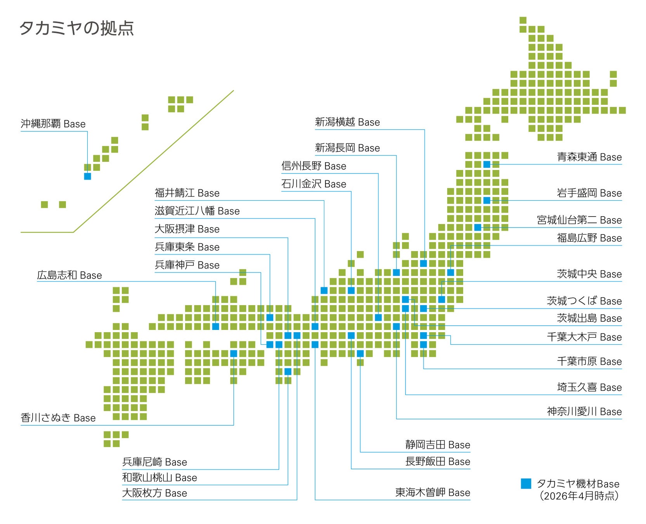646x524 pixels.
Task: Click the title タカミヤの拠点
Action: click(76, 28)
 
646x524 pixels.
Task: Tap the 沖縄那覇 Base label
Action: click(53, 124)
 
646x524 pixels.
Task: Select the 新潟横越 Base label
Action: click(347, 122)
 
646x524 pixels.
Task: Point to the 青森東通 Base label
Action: click(589, 157)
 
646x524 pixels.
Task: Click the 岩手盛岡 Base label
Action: click(589, 193)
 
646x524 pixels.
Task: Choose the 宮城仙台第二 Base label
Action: click(579, 220)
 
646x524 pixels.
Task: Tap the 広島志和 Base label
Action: click(69, 275)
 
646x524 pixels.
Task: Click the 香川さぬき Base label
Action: click(58, 418)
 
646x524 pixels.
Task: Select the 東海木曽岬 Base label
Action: click(433, 493)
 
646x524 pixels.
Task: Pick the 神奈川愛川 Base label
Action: click(584, 411)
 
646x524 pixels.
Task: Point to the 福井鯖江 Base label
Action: click(187, 193)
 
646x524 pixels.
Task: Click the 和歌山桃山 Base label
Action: click(159, 477)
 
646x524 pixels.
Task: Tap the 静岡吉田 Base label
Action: click(438, 445)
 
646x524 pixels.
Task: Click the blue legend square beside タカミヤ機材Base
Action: click(526, 484)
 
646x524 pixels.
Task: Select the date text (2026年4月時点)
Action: click(579, 496)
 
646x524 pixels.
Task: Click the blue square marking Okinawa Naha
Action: click(88, 176)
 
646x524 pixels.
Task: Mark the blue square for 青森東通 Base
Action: click(487, 165)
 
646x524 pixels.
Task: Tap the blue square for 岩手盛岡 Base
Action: click(487, 200)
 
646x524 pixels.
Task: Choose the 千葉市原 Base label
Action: click(589, 361)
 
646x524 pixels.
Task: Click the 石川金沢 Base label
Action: click(313, 184)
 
